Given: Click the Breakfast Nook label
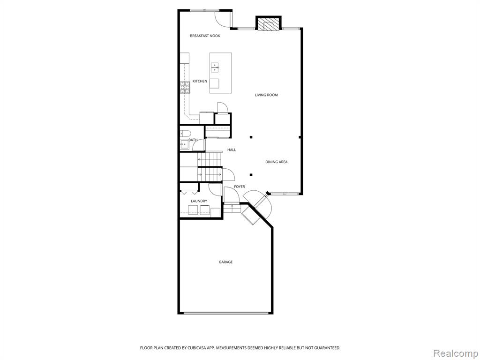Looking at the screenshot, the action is click(x=205, y=36).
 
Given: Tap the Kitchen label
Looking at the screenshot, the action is click(x=200, y=81).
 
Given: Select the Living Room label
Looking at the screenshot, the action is click(x=266, y=95).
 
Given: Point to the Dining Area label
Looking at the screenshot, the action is click(x=277, y=162).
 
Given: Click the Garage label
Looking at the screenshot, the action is click(x=225, y=262).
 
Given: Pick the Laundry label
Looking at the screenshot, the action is click(x=199, y=201).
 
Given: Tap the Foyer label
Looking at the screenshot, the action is click(x=240, y=187).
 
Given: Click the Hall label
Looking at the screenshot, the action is click(x=232, y=150).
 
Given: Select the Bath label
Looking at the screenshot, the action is click(x=193, y=140).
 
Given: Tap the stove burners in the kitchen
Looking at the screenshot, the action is click(x=185, y=87).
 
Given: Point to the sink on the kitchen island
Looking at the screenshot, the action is click(x=215, y=67).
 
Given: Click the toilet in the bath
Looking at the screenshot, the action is click(x=185, y=133).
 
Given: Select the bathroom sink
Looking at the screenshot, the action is click(x=185, y=144).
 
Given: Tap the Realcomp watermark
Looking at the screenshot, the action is click(x=455, y=353).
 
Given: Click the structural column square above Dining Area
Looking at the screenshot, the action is click(x=251, y=137).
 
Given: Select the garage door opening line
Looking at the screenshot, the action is click(x=226, y=313).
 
